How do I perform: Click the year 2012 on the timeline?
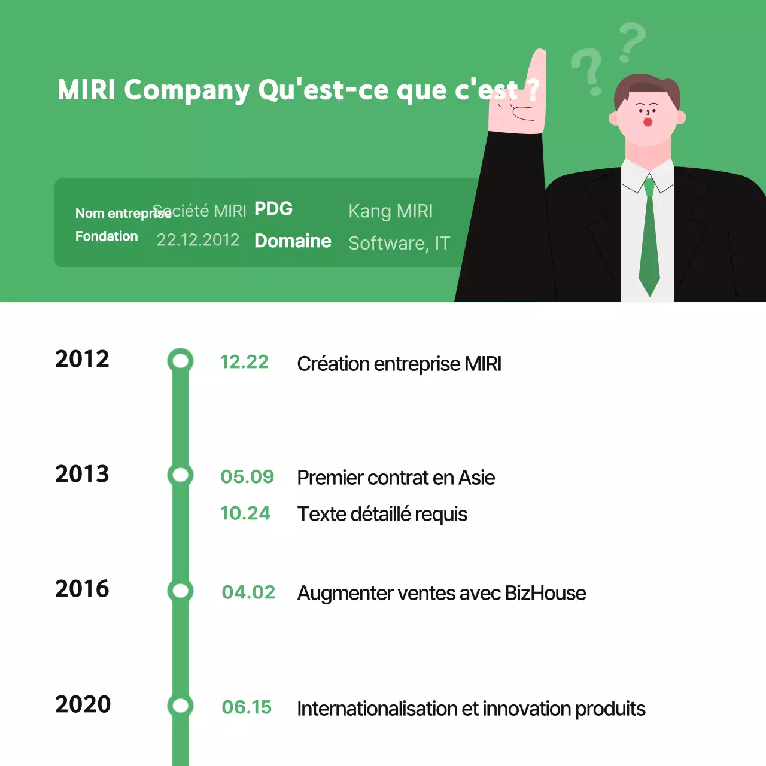pyautogui.click(x=82, y=359)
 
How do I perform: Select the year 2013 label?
pyautogui.click(x=82, y=474)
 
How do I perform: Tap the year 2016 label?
pyautogui.click(x=82, y=589)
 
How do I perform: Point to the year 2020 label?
pyautogui.click(x=83, y=704)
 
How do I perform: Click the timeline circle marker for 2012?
pyautogui.click(x=180, y=361)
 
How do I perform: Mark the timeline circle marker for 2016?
pyautogui.click(x=180, y=591)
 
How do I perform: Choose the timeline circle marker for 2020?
pyautogui.click(x=180, y=706)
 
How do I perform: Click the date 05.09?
pyautogui.click(x=247, y=477)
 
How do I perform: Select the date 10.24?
pyautogui.click(x=245, y=513)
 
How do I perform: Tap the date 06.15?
pyautogui.click(x=247, y=707)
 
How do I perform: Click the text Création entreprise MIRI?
pyautogui.click(x=399, y=364)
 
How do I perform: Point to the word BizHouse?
pyautogui.click(x=545, y=593)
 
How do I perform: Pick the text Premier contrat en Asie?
pyautogui.click(x=396, y=478)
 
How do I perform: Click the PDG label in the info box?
pyautogui.click(x=273, y=209)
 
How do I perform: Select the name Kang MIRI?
pyautogui.click(x=390, y=211)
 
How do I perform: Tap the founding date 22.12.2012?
pyautogui.click(x=197, y=240)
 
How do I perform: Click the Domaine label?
pyautogui.click(x=293, y=241)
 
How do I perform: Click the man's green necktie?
pyautogui.click(x=649, y=245)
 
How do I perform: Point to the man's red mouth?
pyautogui.click(x=648, y=123)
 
